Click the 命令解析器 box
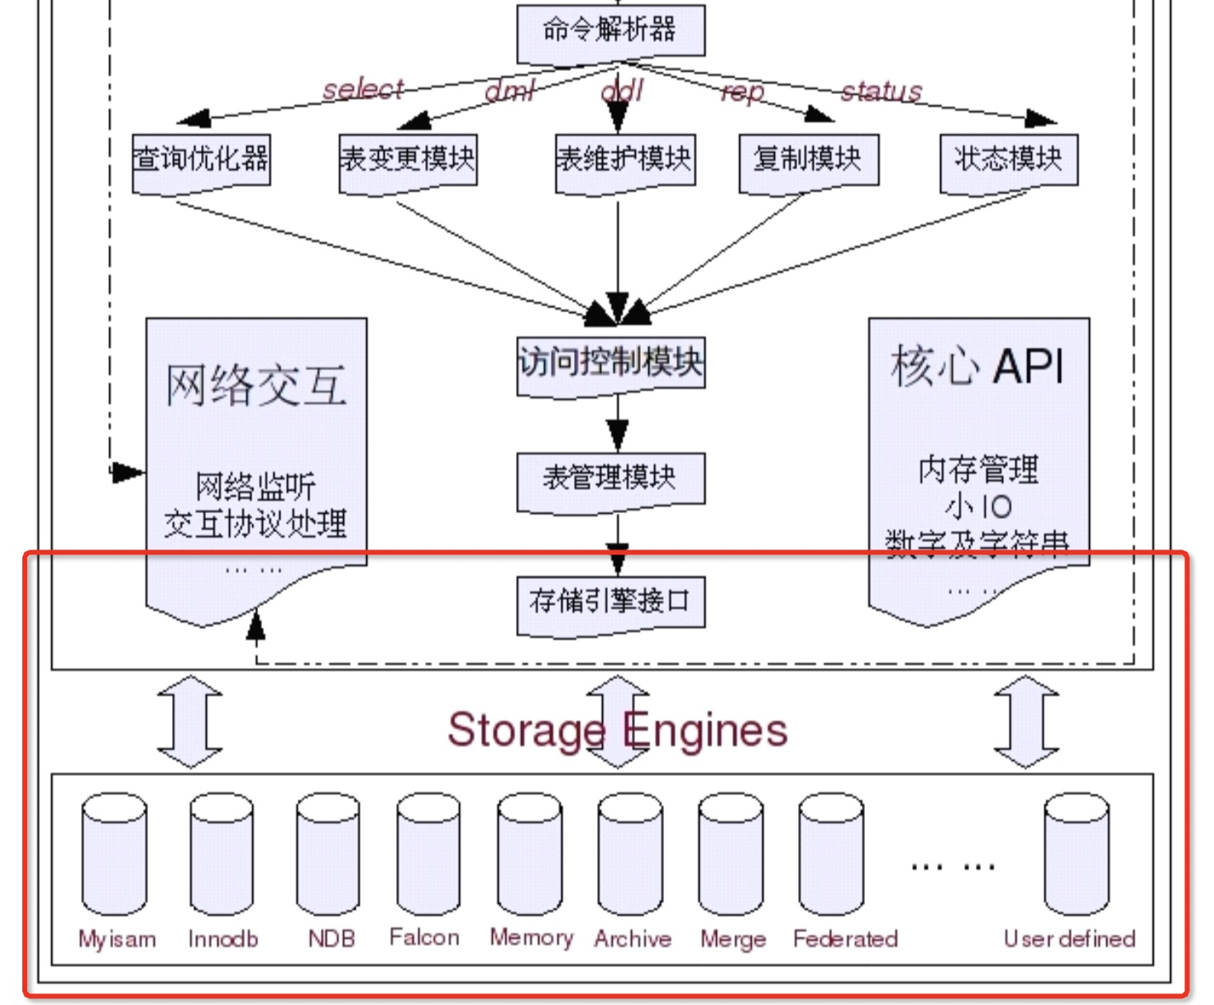click(610, 31)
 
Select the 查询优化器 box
click(201, 160)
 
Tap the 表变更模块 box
click(408, 160)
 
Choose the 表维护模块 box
click(624, 160)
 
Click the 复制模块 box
click(808, 160)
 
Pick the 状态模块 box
click(1008, 160)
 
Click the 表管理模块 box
click(610, 479)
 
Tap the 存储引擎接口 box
click(610, 603)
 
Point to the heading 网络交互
click(256, 385)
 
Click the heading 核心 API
click(977, 366)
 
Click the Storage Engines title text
click(617, 730)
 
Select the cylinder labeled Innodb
click(222, 855)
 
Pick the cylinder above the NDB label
click(328, 855)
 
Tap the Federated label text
click(845, 939)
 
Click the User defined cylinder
click(1077, 855)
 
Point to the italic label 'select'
click(363, 88)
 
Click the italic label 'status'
click(881, 91)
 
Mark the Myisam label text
click(117, 939)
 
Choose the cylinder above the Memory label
click(530, 855)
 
